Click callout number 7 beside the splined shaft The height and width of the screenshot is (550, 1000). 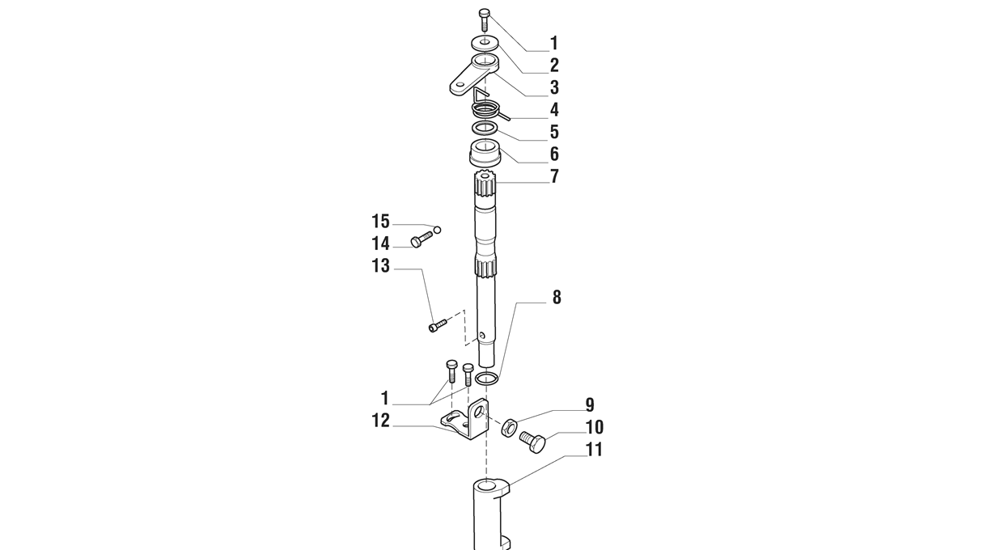554,177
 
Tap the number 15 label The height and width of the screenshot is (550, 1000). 381,222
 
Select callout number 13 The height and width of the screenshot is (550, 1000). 381,266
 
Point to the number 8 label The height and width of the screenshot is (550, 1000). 557,298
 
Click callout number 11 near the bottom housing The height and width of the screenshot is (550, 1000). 594,450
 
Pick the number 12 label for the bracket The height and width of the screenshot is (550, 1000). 381,421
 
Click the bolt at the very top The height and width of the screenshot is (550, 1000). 485,19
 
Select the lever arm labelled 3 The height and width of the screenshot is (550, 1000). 473,74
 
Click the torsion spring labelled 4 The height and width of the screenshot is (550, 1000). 485,108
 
